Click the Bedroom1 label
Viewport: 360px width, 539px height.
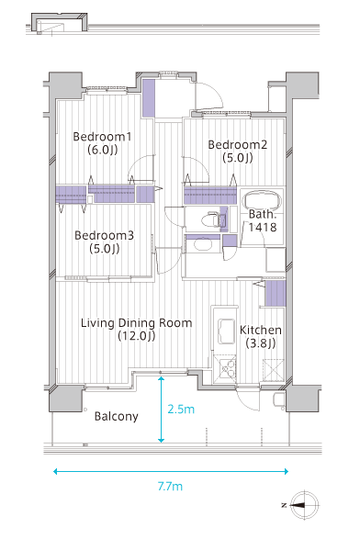click(102, 137)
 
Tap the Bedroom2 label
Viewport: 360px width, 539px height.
click(238, 145)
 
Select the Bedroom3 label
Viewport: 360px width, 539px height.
click(104, 235)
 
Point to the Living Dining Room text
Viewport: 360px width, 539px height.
click(137, 323)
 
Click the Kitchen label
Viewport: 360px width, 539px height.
click(261, 330)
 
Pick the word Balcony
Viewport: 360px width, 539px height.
click(117, 416)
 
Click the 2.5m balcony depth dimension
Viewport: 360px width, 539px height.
click(181, 409)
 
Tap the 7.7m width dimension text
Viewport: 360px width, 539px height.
click(170, 487)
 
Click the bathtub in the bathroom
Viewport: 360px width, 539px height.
click(262, 201)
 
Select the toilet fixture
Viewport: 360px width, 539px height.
click(210, 219)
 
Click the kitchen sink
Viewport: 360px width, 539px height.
click(226, 331)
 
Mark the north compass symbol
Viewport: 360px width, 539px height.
click(304, 505)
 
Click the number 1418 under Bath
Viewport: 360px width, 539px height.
click(263, 227)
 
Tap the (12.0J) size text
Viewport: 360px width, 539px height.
click(137, 336)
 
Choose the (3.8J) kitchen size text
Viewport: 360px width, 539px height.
click(261, 343)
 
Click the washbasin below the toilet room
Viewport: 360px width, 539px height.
click(203, 245)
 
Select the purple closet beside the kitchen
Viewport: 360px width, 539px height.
click(276, 293)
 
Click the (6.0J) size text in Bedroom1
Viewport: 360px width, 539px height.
click(103, 150)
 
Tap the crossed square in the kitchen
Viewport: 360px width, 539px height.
click(274, 369)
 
